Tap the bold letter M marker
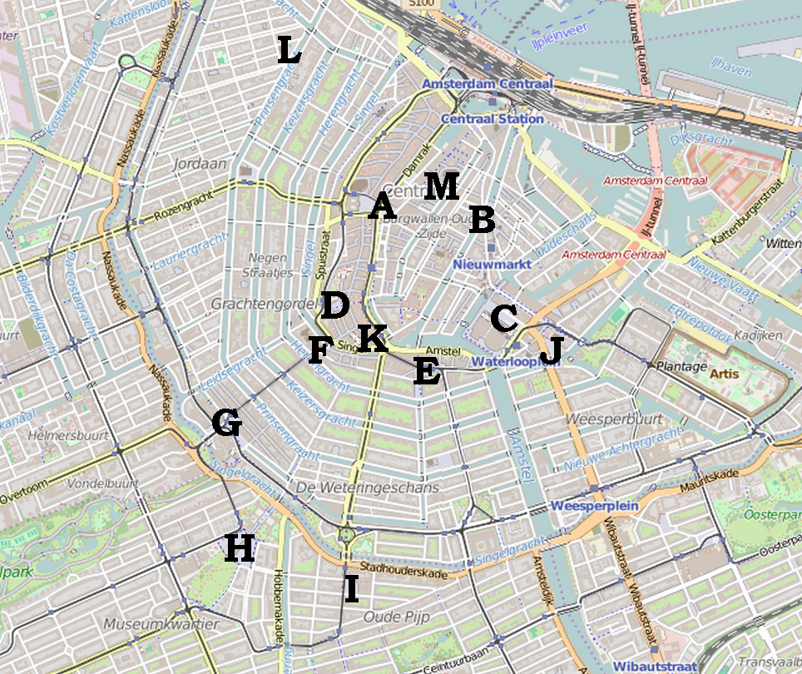[441, 186]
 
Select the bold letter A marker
[382, 206]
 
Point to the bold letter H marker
[239, 548]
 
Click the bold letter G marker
[226, 424]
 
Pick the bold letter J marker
[551, 352]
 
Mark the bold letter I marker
[351, 590]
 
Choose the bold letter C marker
[504, 318]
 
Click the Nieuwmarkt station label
[492, 264]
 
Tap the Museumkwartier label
[161, 623]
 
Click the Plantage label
[681, 366]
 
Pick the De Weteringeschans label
[367, 488]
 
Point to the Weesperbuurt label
[614, 419]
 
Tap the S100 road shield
[422, 4]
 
